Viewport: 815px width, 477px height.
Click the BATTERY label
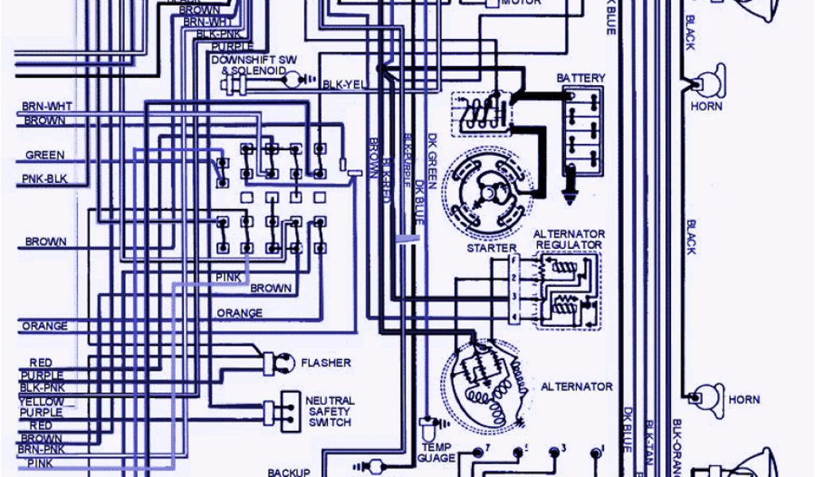tap(580, 78)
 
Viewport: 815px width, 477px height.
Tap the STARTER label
tap(491, 249)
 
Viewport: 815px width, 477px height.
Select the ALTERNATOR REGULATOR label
tap(568, 239)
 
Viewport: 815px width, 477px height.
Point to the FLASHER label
tap(326, 363)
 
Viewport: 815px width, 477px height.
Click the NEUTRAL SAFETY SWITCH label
tap(330, 411)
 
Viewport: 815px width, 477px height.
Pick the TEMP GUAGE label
tap(436, 452)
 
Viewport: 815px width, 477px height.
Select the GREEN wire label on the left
tap(45, 155)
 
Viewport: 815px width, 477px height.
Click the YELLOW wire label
tap(41, 401)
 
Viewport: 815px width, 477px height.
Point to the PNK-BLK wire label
tap(45, 179)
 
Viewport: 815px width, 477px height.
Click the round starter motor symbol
tap(488, 193)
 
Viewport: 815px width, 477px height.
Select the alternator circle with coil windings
tap(485, 382)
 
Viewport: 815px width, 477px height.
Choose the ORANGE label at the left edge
tap(45, 326)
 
